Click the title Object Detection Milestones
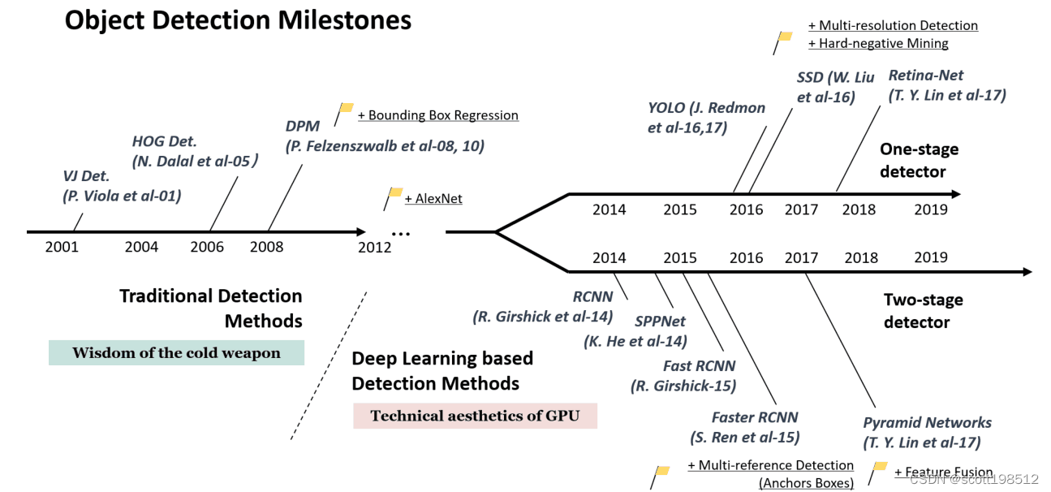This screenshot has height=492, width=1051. point(238,20)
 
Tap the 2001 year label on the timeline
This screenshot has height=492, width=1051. point(62,247)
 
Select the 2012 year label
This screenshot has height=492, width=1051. point(374,247)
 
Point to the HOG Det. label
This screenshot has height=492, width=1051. point(165,140)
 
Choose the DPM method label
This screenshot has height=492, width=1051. point(303,127)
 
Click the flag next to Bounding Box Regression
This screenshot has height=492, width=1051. point(346,109)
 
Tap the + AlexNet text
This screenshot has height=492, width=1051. point(433,198)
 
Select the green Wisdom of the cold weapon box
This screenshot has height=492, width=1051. point(176,353)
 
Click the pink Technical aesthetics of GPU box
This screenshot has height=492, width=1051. point(475,416)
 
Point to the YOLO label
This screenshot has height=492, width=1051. point(665,108)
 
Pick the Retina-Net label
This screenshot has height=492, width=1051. point(926,76)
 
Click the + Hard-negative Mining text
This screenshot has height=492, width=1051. point(878,44)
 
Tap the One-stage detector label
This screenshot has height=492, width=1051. point(919,160)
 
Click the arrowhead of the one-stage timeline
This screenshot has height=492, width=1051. point(956,194)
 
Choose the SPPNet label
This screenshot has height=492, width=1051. point(661,322)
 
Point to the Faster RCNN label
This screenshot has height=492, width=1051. point(755,417)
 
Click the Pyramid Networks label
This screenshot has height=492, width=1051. point(927,423)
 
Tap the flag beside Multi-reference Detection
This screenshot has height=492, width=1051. point(661,471)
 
